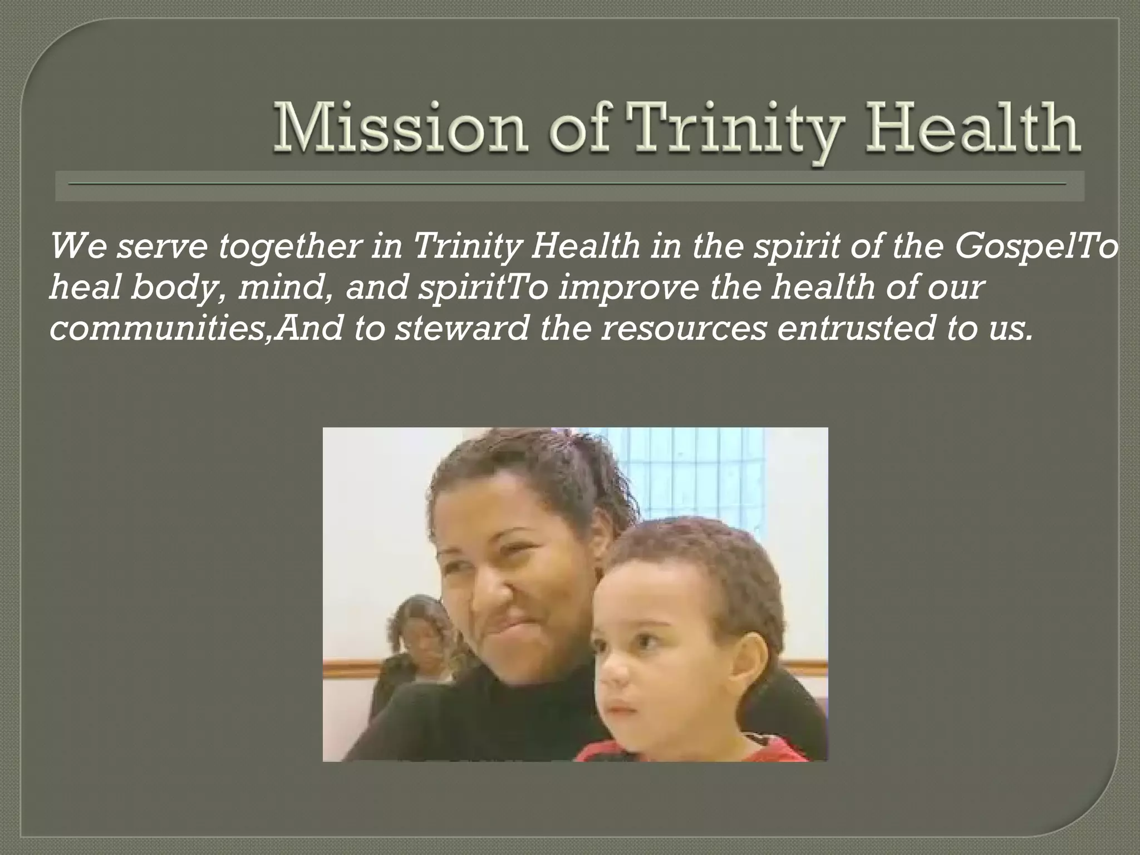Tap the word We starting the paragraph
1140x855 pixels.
[x=78, y=247]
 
